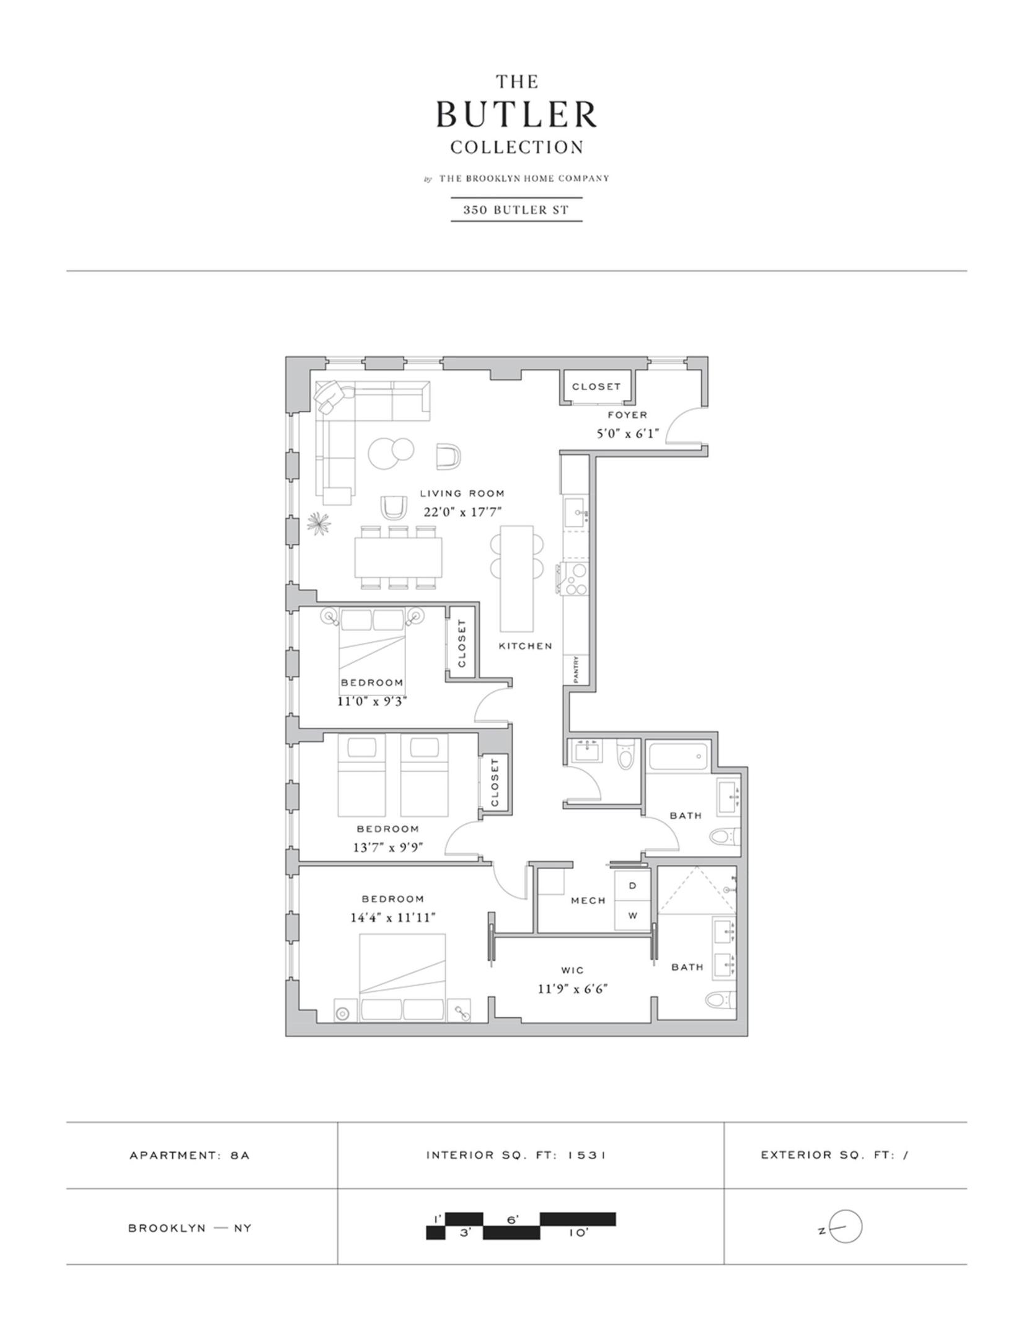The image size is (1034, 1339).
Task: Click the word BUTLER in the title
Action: coord(516,115)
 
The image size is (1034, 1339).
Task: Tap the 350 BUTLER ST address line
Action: coord(516,210)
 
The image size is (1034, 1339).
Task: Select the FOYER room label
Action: coord(627,415)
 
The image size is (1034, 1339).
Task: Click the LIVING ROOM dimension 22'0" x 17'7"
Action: coord(462,512)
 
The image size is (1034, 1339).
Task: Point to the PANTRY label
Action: coord(577,670)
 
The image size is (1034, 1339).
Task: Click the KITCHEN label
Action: coord(526,646)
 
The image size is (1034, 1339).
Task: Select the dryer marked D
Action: coord(633,886)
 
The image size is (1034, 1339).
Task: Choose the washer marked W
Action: coord(633,916)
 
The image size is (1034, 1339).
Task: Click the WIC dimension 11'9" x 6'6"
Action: coord(572,989)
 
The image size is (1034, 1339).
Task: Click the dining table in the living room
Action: coord(399,557)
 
